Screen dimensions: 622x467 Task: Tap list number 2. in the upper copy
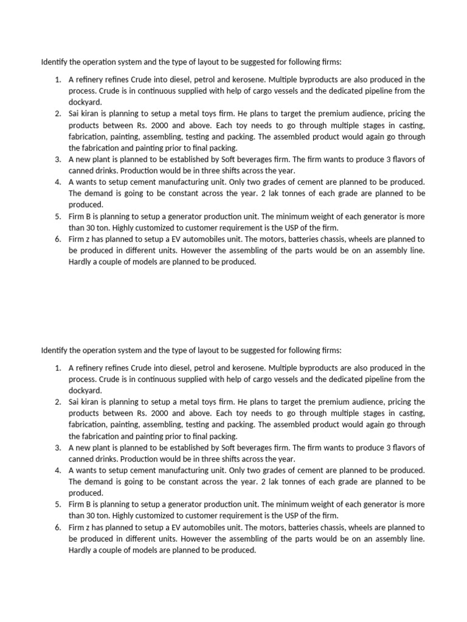click(57, 114)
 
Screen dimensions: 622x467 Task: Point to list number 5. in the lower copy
click(57, 504)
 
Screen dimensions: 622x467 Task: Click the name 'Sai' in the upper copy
click(75, 114)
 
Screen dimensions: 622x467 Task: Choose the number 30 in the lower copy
click(90, 516)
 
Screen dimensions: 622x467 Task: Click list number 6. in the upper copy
click(57, 239)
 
